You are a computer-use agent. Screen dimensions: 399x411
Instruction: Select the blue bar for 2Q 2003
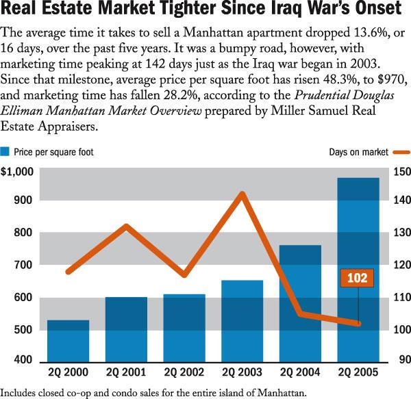242,321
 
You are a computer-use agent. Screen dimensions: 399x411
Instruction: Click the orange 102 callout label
357,278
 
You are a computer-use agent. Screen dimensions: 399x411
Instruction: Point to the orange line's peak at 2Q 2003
242,194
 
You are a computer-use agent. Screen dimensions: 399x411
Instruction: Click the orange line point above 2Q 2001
126,226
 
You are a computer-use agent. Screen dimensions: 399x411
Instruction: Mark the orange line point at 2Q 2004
300,314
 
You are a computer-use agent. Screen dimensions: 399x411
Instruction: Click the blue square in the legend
5,152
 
